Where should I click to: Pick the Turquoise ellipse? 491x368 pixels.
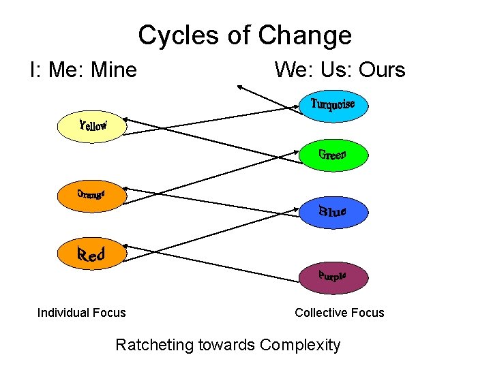coord(333,106)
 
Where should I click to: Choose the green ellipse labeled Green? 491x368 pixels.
coord(333,155)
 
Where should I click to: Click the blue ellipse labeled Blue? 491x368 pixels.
coord(333,212)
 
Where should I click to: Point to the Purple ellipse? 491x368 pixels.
coord(333,277)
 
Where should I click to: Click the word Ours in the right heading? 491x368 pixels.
coord(382,70)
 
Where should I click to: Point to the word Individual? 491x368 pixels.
coord(61,313)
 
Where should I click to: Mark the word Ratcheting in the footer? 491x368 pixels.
coord(155,345)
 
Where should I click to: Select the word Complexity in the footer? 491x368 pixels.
coord(300,345)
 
